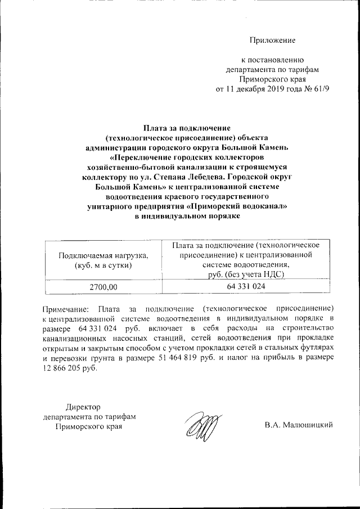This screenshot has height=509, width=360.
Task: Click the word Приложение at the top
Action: coord(273,40)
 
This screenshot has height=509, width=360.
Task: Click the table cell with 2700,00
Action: coord(103,287)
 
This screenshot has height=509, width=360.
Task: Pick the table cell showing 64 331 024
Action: coord(246,286)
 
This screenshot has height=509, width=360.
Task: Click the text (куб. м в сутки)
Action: coord(103,265)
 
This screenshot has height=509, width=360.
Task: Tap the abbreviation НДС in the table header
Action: coord(272,274)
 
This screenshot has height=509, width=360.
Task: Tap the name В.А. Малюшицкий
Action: coord(299,425)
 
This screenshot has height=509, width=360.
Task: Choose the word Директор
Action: coord(83,406)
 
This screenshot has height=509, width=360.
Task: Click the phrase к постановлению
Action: coord(273,60)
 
